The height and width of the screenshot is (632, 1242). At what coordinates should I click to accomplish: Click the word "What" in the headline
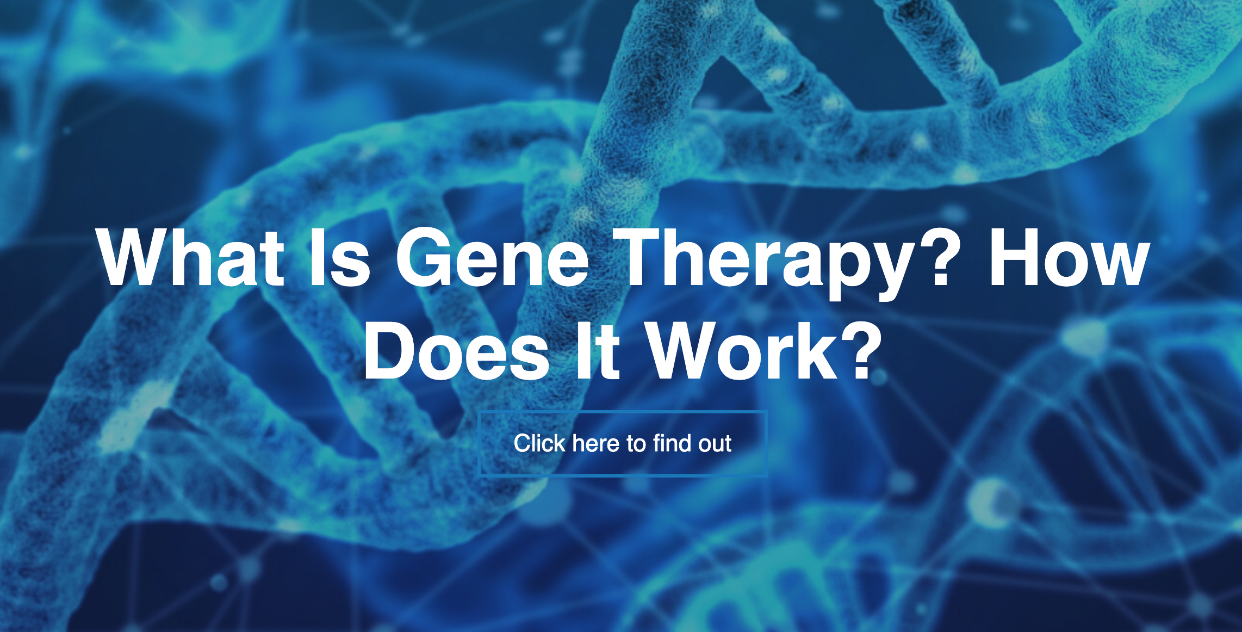click(190, 256)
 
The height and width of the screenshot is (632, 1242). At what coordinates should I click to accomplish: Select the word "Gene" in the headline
click(493, 256)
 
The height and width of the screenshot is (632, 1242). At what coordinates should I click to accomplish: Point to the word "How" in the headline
click(1069, 256)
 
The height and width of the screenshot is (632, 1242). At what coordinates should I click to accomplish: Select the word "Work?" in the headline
click(766, 351)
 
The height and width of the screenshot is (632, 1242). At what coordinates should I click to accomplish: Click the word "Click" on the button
click(539, 443)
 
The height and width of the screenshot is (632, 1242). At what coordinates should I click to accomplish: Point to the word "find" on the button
click(673, 443)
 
